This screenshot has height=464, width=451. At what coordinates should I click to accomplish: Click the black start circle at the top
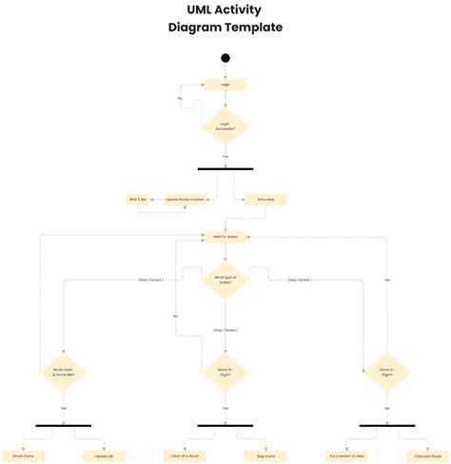click(x=225, y=58)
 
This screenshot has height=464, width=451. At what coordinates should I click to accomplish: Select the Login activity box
click(x=225, y=85)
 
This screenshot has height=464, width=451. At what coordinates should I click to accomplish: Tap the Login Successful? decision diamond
click(x=225, y=126)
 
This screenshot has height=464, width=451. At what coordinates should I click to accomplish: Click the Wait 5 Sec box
click(x=139, y=200)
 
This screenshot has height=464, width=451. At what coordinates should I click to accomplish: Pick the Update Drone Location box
click(x=185, y=200)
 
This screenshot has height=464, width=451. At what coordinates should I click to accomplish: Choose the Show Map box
click(x=265, y=200)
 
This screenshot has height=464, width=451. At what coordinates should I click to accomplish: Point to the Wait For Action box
click(x=225, y=236)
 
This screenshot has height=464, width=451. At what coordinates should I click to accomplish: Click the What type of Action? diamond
click(x=225, y=280)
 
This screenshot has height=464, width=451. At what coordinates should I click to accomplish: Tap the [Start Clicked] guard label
click(x=150, y=280)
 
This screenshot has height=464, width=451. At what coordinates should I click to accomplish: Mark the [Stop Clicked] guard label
click(x=225, y=329)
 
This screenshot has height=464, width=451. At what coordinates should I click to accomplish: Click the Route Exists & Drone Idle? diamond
click(x=64, y=374)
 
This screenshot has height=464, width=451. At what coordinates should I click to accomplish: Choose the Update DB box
click(x=104, y=455)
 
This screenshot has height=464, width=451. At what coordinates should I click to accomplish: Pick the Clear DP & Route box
click(x=186, y=455)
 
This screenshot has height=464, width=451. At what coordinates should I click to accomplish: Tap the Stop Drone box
click(x=265, y=455)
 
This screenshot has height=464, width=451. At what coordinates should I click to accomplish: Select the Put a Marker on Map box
click(x=346, y=455)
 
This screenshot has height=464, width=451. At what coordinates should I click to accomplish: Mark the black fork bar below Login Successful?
click(x=225, y=168)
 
